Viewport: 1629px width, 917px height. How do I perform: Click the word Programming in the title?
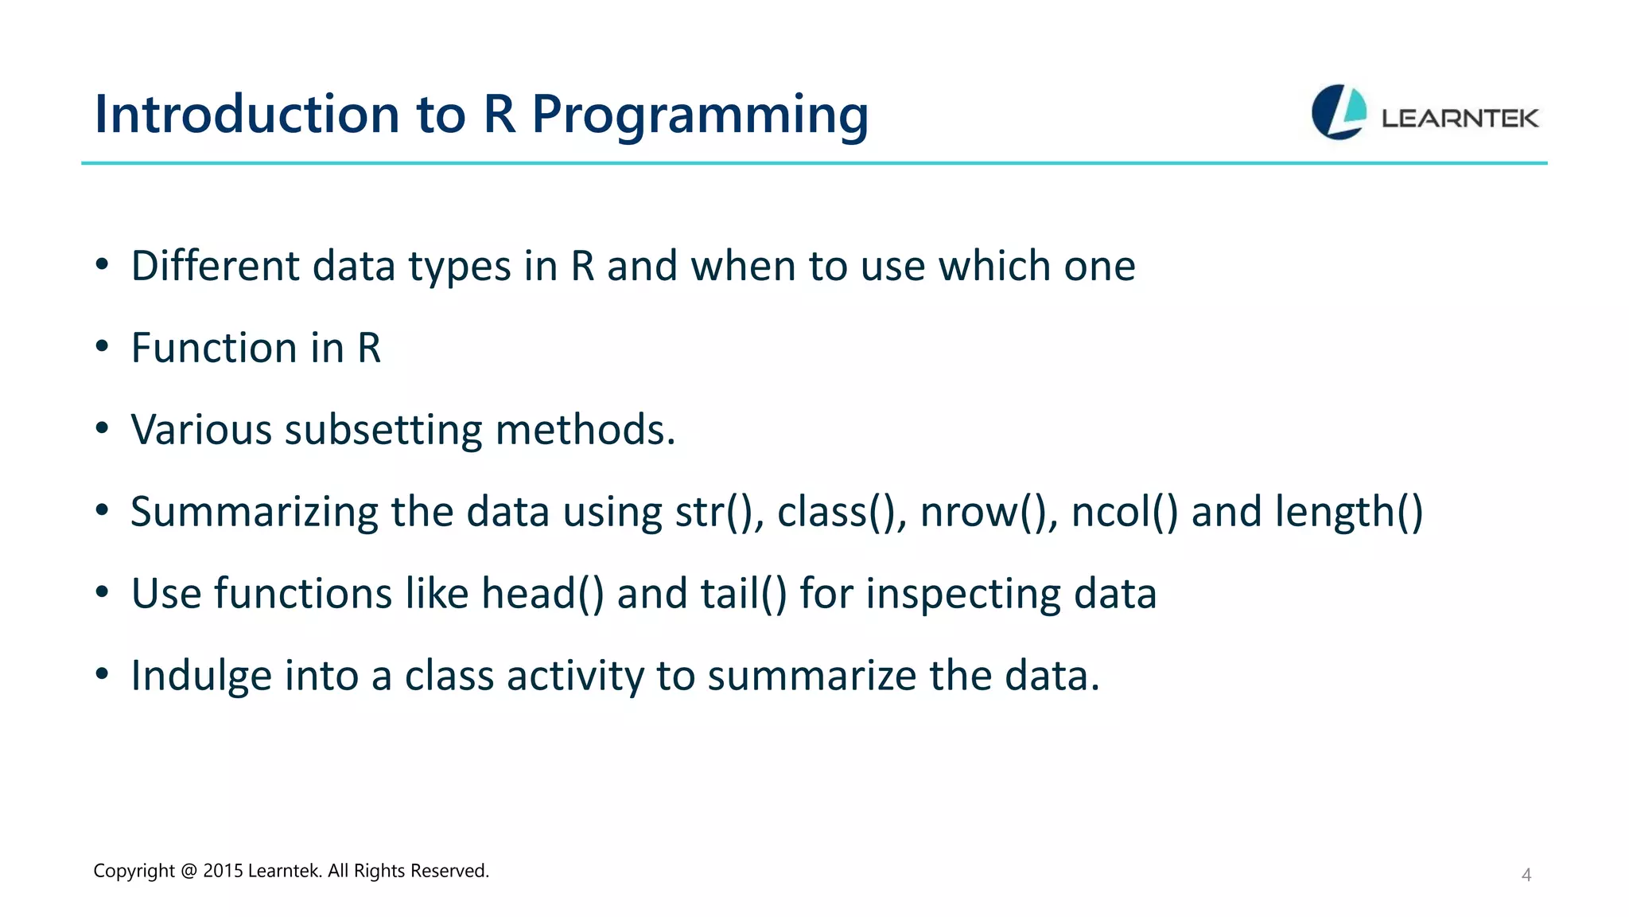click(700, 115)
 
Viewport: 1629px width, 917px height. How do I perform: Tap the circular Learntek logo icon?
click(1339, 112)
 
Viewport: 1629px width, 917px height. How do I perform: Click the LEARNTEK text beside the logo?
click(1460, 119)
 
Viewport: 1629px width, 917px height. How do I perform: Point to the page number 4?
click(1526, 875)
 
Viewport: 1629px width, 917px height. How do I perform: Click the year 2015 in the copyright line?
click(223, 871)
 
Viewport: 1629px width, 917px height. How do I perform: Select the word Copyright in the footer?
click(134, 871)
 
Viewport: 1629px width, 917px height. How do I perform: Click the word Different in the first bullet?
click(215, 266)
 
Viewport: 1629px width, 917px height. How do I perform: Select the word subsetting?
click(383, 430)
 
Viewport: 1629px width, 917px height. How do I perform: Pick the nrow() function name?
click(988, 512)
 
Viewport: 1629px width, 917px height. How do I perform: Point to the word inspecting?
click(962, 594)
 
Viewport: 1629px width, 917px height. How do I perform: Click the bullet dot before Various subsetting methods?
click(101, 429)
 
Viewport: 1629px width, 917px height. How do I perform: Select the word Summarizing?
click(254, 512)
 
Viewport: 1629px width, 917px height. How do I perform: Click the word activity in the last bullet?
click(574, 676)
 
